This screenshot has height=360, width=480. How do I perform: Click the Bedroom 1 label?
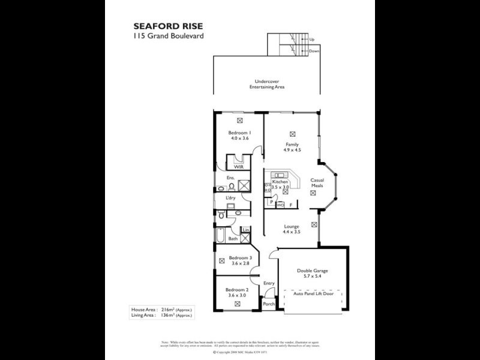click(239, 133)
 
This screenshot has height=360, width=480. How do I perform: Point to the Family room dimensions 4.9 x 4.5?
click(292, 150)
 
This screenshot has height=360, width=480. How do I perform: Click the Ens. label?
click(230, 178)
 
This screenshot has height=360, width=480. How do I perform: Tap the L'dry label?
click(230, 197)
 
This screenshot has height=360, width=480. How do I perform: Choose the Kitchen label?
click(280, 182)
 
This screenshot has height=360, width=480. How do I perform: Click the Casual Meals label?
click(317, 183)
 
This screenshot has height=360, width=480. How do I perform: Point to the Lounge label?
click(292, 226)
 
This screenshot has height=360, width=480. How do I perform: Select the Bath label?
click(232, 239)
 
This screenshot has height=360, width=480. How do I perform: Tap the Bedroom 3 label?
click(239, 258)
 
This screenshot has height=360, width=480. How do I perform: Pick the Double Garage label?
click(312, 271)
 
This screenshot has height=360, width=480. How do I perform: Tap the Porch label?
click(269, 304)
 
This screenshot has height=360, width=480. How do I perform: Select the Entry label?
click(268, 284)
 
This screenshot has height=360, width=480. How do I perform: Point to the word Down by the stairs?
click(314, 51)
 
